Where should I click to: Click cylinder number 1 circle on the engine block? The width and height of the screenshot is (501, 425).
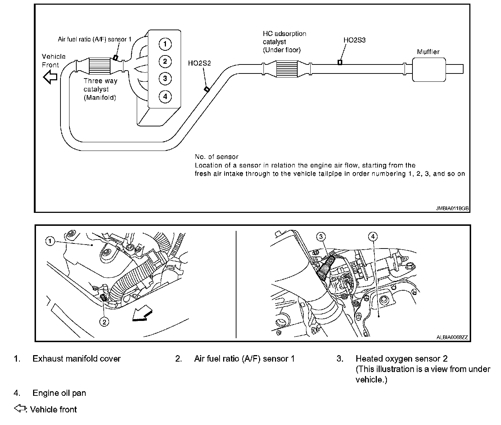[x=165, y=44]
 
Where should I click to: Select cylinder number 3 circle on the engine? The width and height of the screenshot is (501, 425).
[x=165, y=79]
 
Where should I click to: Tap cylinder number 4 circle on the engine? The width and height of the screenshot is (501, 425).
[x=165, y=96]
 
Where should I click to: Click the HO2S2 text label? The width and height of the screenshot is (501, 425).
[x=199, y=63]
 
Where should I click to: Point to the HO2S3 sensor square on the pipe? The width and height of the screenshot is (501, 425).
[x=340, y=62]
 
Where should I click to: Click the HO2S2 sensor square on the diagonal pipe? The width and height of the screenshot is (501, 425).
[x=207, y=89]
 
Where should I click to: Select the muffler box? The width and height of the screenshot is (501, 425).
[x=428, y=70]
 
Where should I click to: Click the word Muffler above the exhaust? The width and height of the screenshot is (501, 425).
[x=428, y=52]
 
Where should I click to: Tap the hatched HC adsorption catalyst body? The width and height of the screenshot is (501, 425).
[x=287, y=68]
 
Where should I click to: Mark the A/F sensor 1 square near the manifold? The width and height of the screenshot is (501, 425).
[x=116, y=57]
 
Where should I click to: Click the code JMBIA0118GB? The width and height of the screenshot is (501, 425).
[x=452, y=208]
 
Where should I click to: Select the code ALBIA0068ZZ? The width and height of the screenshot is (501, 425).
[x=452, y=337]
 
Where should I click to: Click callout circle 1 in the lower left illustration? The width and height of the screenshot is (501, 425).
[x=50, y=241]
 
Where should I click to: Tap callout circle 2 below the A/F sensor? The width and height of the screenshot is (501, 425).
[x=104, y=322]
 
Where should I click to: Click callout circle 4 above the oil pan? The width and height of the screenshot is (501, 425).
[x=373, y=236]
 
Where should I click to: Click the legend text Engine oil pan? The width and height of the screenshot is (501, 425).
[x=59, y=393]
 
